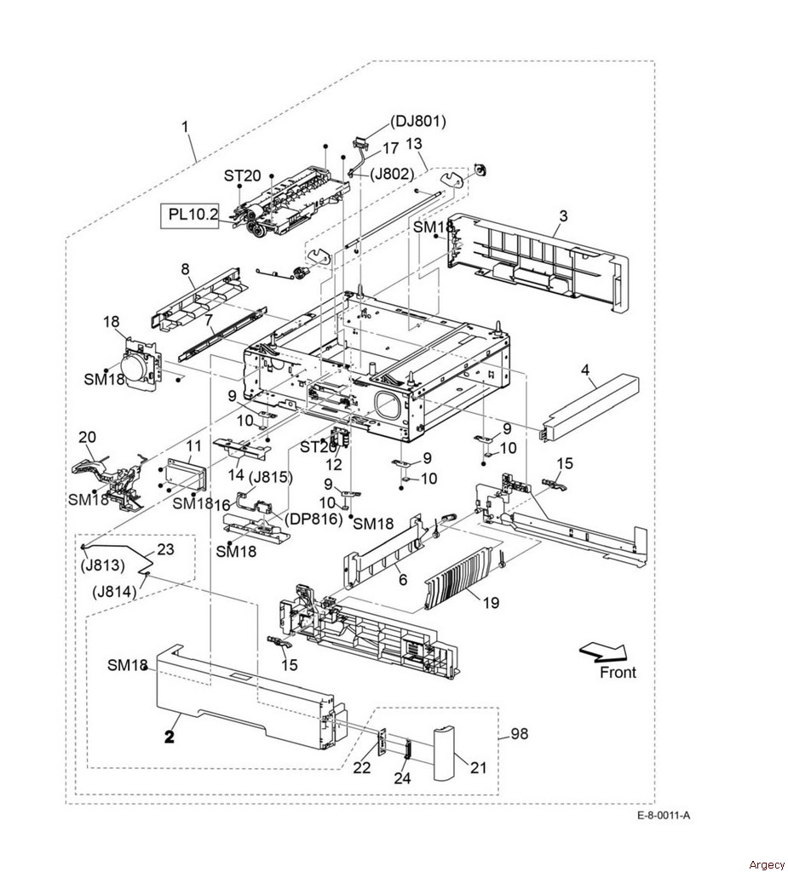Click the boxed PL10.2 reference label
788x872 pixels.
pyautogui.click(x=189, y=214)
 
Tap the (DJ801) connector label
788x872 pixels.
pyautogui.click(x=418, y=121)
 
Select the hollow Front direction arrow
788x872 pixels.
pyautogui.click(x=603, y=651)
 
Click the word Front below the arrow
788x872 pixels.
pyautogui.click(x=618, y=673)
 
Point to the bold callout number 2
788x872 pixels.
pyautogui.click(x=170, y=737)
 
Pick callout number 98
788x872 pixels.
pyautogui.click(x=519, y=734)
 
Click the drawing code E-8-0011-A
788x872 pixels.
pyautogui.click(x=664, y=816)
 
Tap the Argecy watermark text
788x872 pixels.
pyautogui.click(x=767, y=864)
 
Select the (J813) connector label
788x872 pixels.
pyautogui.click(x=104, y=565)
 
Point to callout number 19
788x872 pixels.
pyautogui.click(x=491, y=602)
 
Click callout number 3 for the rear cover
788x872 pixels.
pyautogui.click(x=563, y=215)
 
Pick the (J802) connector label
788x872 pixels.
pyautogui.click(x=393, y=174)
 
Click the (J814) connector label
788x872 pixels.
pyautogui.click(x=114, y=592)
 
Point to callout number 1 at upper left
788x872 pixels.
pyautogui.click(x=186, y=127)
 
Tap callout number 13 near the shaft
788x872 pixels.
pyautogui.click(x=413, y=143)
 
